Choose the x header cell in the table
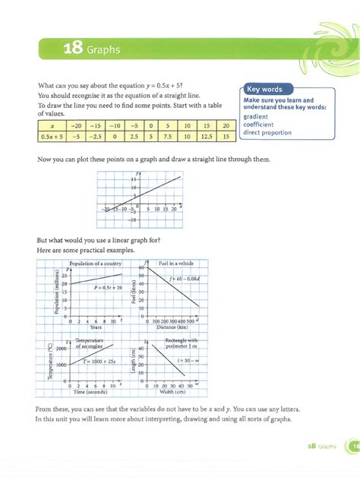(x=51, y=125)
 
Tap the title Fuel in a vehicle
(x=172, y=263)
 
